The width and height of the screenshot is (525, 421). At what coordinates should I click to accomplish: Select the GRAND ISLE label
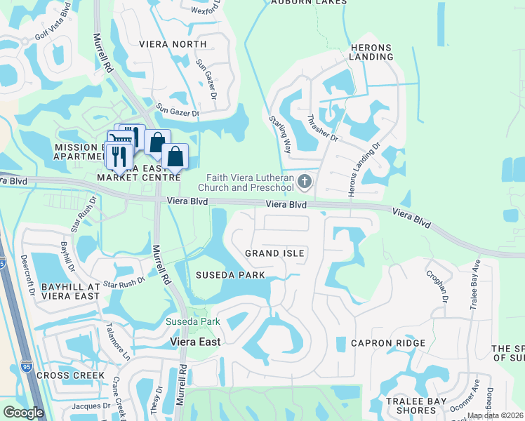coord(274,253)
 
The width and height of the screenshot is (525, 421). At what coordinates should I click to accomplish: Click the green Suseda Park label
coord(193,322)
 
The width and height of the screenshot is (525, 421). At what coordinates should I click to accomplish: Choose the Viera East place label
coord(196,342)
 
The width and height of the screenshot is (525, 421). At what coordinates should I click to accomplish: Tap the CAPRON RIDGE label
coord(390,343)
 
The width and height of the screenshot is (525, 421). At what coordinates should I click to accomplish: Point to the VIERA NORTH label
coord(173,44)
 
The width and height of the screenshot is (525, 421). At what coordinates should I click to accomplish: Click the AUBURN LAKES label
coord(310,2)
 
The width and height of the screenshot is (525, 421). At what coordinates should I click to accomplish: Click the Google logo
coord(22,413)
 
